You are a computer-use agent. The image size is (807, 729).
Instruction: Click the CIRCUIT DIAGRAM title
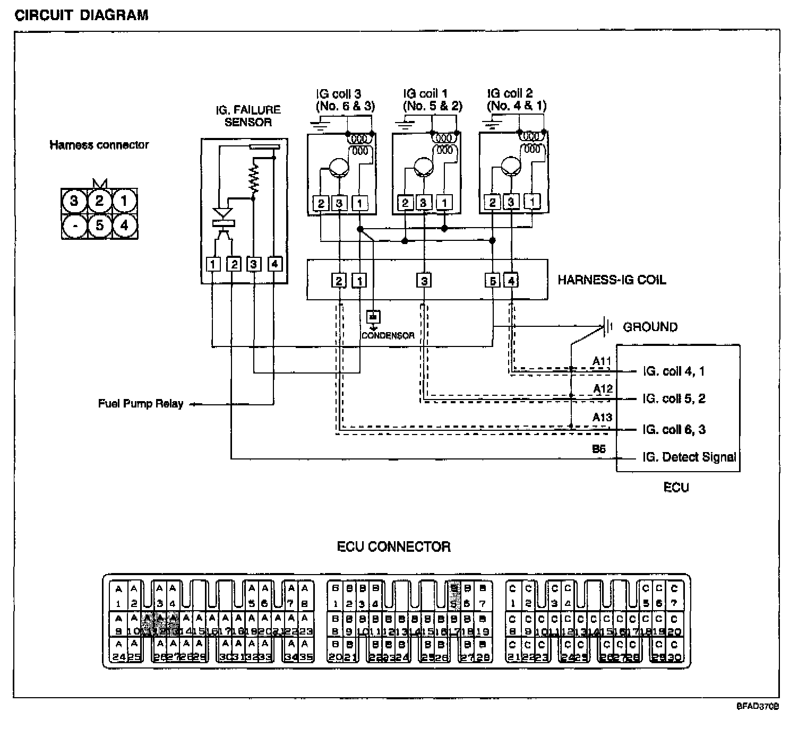tap(81, 14)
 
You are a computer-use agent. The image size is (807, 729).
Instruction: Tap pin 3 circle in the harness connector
tap(74, 201)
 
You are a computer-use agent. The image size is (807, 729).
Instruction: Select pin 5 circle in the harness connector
tap(99, 225)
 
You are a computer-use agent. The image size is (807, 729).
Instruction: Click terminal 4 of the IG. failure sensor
tap(274, 264)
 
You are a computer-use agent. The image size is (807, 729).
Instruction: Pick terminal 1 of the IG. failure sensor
tap(213, 264)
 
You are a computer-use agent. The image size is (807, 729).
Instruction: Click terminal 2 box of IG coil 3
tap(321, 203)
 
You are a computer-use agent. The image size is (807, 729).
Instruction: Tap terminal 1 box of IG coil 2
tap(532, 202)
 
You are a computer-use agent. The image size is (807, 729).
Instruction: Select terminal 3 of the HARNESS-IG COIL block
tap(424, 280)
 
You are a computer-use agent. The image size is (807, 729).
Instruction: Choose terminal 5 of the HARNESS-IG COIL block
tap(492, 280)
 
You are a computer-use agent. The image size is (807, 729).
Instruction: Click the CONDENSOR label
tap(388, 335)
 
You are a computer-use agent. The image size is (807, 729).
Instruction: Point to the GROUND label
tap(650, 327)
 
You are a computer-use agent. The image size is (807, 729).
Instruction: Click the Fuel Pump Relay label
tap(140, 404)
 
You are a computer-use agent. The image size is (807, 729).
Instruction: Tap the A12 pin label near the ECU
tap(602, 389)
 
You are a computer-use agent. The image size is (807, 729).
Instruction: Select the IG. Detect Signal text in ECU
tap(689, 457)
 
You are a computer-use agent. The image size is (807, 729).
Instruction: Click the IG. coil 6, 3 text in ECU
tap(673, 429)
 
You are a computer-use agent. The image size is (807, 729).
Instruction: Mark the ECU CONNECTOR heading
tap(393, 546)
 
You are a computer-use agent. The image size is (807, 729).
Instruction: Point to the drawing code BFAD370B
tap(757, 706)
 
